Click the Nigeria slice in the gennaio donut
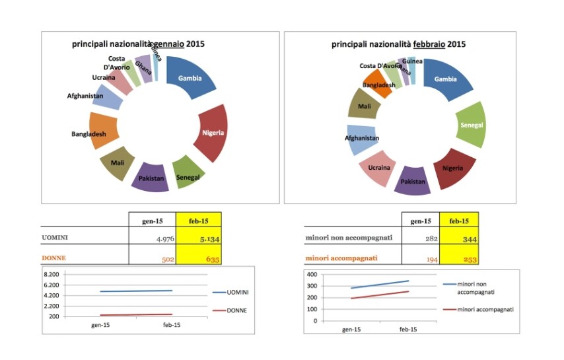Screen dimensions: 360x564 [213, 133]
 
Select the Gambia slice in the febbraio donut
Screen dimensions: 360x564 [446, 79]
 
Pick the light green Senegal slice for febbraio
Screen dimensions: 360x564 [470, 126]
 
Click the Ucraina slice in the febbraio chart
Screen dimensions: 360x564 [378, 167]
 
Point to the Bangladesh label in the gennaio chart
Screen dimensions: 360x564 [89, 134]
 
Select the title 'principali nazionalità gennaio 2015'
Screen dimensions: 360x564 [138, 44]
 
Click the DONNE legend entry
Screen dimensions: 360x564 [236, 310]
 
